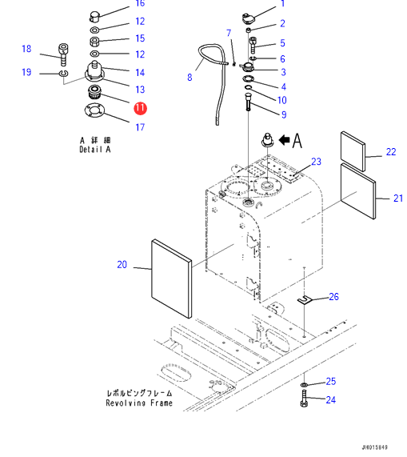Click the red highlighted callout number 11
[x=140, y=108]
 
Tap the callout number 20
[x=122, y=265]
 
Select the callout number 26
[x=334, y=297]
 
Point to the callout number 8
[x=190, y=78]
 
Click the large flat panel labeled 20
[x=172, y=279]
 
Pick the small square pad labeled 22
[x=353, y=151]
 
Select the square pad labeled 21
[x=358, y=191]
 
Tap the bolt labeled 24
[x=304, y=399]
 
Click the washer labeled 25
[x=304, y=385]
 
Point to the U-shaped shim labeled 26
[x=305, y=300]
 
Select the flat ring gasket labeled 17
[x=94, y=110]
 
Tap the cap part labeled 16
[x=94, y=16]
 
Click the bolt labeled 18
[x=63, y=54]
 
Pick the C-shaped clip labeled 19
[x=63, y=73]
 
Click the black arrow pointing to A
[x=285, y=140]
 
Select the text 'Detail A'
[x=95, y=150]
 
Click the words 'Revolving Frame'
[x=139, y=403]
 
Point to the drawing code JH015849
[x=375, y=447]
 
